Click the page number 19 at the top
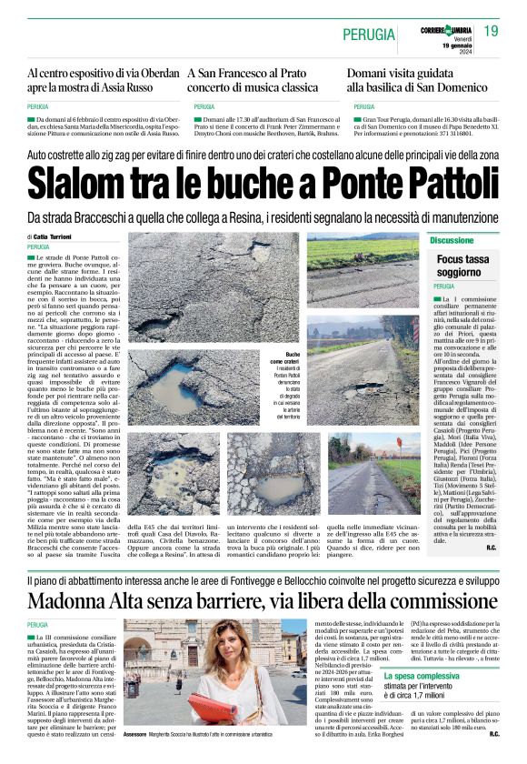coord(491,32)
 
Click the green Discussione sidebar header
coord(452,240)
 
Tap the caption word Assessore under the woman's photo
coord(135,732)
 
